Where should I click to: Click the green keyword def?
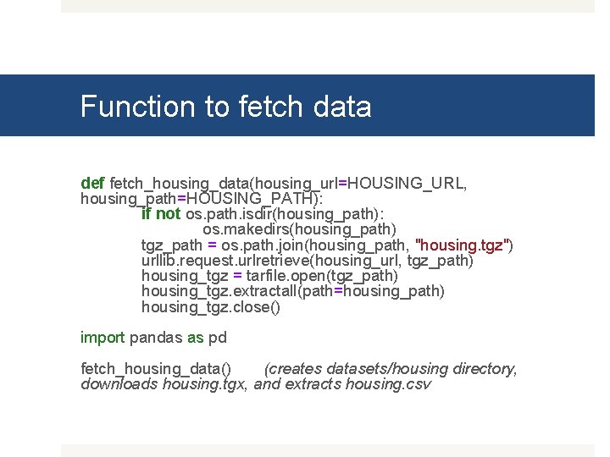coord(92,183)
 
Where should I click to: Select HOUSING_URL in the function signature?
coord(408,183)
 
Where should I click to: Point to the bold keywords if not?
coord(161,214)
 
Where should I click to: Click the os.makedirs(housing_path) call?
coord(299,229)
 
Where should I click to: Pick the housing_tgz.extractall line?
coord(292,291)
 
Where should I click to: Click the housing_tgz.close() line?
coord(210,306)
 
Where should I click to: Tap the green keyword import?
coord(103,338)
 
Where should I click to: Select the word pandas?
coord(157,338)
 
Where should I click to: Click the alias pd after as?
coord(218,338)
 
